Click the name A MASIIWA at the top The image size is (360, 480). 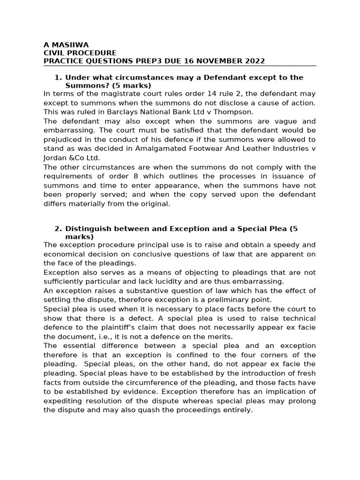click(x=63, y=45)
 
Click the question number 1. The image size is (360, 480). click(x=58, y=77)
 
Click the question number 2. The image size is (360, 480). click(x=58, y=229)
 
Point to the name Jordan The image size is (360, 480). click(x=55, y=157)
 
